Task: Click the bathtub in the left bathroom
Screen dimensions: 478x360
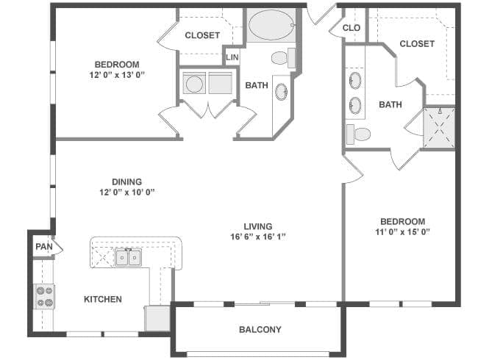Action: pos(271,25)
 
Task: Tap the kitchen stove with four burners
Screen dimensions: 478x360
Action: pos(44,296)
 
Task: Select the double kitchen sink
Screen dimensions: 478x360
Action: pos(128,257)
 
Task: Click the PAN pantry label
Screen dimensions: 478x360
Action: pos(44,246)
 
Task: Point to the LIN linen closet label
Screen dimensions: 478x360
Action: pos(232,57)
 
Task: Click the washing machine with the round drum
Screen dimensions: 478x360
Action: pos(194,83)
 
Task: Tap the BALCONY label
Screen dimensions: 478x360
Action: pos(260,330)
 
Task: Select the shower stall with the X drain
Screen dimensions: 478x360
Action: pos(439,128)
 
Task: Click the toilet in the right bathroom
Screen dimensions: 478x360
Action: pos(359,134)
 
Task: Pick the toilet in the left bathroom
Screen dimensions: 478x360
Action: pos(283,58)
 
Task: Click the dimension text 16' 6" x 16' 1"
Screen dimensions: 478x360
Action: pos(258,237)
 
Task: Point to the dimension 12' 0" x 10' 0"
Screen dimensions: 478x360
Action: pos(126,192)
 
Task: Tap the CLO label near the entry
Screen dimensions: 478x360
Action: pos(352,28)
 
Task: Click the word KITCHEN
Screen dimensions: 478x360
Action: pos(103,299)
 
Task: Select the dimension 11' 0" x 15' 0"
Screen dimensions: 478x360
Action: pos(402,232)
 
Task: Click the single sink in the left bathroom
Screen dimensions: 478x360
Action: pos(281,92)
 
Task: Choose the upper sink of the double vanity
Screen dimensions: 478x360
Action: pos(355,80)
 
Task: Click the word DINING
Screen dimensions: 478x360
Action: pos(126,181)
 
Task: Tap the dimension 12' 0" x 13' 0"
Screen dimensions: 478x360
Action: pos(117,75)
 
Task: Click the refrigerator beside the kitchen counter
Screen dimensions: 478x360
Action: pos(157,318)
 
